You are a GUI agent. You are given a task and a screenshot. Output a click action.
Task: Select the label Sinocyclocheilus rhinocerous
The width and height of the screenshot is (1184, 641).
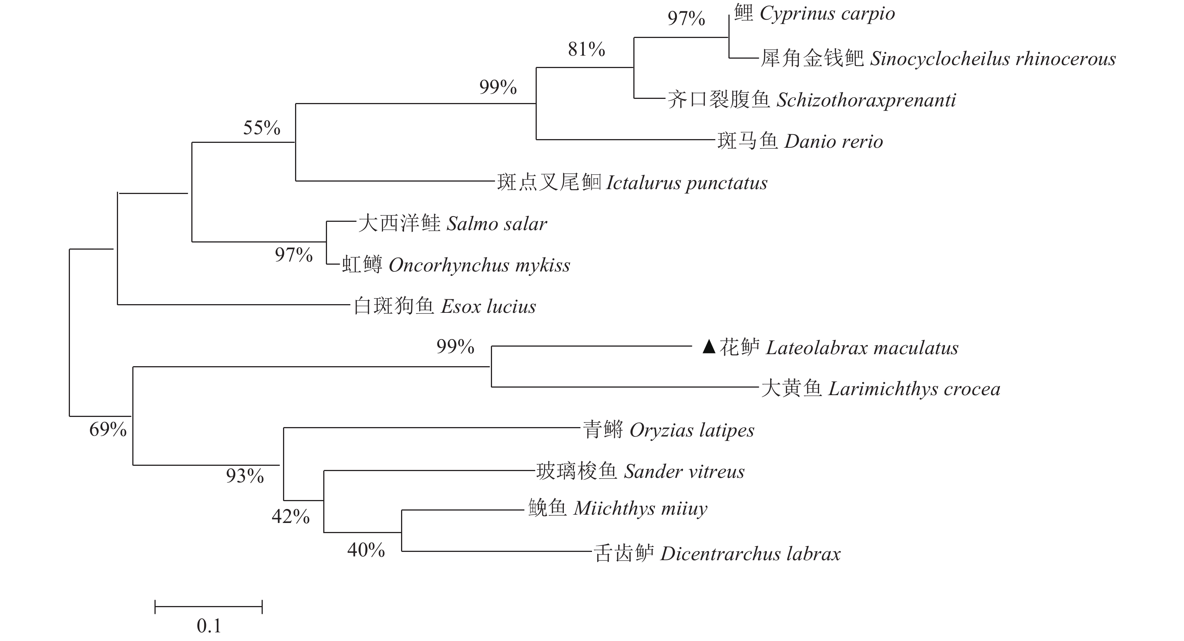point(993,59)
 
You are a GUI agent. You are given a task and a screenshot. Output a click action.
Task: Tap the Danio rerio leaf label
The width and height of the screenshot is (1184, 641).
point(833,142)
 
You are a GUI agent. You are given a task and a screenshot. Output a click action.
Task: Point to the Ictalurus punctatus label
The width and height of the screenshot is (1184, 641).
point(687,183)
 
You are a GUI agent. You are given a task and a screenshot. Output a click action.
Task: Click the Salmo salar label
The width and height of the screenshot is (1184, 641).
point(497,224)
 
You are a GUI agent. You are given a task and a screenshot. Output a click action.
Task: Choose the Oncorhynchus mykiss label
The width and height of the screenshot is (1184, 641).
point(479,265)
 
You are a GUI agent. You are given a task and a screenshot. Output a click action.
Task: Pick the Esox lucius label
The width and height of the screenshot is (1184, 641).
point(488,307)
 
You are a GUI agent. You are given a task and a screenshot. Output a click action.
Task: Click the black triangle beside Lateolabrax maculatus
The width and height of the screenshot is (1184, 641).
point(709,347)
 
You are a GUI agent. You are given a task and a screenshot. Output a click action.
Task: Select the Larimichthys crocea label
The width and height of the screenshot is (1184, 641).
point(914,389)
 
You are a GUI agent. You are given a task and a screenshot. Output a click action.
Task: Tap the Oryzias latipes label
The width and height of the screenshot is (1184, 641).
point(692,430)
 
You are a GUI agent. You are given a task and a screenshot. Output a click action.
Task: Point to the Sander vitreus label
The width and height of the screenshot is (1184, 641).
point(684,472)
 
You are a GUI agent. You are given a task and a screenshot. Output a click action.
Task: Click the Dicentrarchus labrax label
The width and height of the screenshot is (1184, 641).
point(750,554)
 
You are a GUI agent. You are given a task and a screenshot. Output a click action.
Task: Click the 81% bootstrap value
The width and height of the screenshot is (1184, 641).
point(586,49)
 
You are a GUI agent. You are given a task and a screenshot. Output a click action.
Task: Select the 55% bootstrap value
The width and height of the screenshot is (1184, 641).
point(262,128)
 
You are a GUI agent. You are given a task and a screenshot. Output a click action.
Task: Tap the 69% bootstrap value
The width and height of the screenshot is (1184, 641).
point(107,429)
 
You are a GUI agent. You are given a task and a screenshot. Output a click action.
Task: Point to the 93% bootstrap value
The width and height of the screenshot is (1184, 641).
point(245,476)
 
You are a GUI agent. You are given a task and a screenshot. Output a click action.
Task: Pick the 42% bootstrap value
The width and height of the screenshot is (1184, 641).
point(291,517)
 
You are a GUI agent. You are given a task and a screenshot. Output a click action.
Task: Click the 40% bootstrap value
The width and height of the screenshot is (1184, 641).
point(366,550)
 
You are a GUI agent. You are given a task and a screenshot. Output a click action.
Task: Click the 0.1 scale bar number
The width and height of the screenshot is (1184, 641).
point(209,626)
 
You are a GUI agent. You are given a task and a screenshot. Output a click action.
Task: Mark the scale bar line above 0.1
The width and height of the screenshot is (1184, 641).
point(209,606)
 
